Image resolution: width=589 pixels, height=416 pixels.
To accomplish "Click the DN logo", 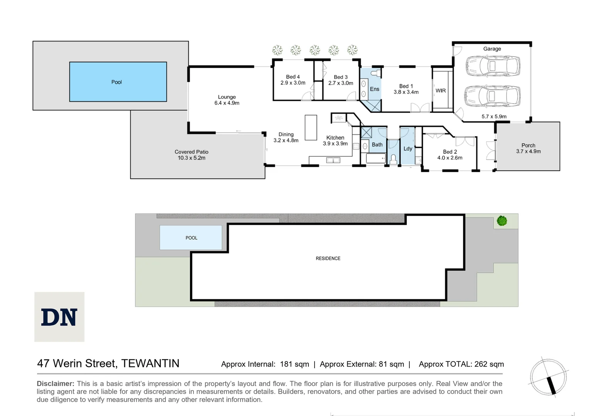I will (x=59, y=317).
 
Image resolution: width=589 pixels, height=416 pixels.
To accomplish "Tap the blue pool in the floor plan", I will (x=118, y=82).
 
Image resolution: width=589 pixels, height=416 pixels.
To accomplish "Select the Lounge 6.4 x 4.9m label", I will (x=227, y=100).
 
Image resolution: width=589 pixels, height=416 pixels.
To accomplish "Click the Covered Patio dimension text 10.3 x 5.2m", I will (x=191, y=158).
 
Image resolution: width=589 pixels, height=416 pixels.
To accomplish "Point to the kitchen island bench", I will (x=311, y=127).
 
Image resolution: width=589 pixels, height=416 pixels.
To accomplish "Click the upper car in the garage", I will (x=493, y=66).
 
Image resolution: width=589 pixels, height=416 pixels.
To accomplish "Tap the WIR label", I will (x=441, y=91).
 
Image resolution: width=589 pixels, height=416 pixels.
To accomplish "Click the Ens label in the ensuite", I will (x=374, y=89).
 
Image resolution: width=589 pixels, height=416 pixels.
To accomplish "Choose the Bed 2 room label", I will (x=450, y=152).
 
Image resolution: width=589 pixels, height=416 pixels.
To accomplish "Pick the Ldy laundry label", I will (x=408, y=149).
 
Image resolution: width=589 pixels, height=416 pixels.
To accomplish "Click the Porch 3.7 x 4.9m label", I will (x=528, y=148).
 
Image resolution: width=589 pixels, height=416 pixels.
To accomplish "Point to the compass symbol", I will (x=548, y=376).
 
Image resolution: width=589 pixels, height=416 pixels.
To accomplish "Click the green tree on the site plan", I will (x=501, y=221).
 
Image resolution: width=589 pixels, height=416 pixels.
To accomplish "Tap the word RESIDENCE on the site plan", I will (x=328, y=258).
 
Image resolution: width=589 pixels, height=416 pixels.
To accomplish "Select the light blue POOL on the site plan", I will (x=191, y=238).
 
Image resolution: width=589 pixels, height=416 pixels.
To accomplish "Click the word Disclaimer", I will (x=56, y=384).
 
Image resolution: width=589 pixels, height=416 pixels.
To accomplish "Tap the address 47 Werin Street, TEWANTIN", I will (x=108, y=363).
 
